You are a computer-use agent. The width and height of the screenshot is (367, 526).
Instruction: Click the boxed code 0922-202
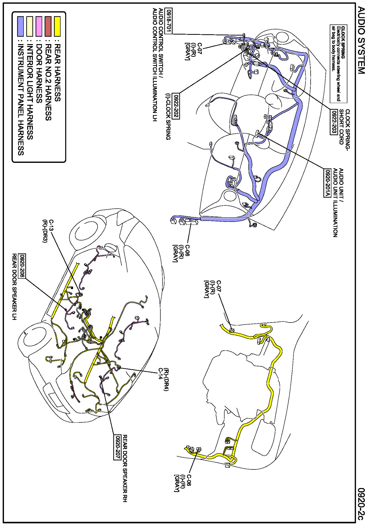pos(176,106)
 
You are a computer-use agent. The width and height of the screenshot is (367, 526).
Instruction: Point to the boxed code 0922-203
pos(334,122)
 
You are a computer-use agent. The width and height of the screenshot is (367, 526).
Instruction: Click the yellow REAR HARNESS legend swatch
pos(57,26)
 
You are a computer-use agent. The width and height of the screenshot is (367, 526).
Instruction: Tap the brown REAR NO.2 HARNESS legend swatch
pos(48,26)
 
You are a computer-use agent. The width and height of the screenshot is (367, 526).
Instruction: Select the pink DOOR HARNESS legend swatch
pos(39,26)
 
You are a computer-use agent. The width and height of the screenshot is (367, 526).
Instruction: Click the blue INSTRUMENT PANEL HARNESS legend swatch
pos(20,26)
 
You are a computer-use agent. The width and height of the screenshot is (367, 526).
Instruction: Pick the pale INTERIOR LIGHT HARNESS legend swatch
pos(30,26)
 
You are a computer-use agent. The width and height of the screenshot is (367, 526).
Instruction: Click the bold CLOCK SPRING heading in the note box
pos(343,43)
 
